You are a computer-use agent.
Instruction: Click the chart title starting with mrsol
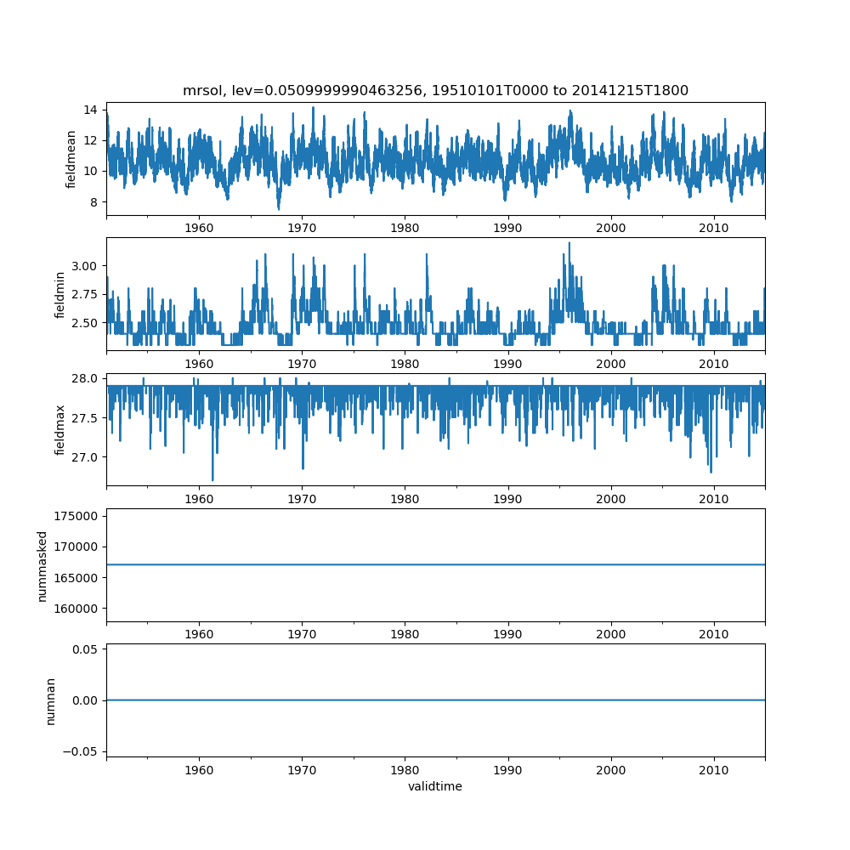[435, 90]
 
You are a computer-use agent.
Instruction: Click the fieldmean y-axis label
[71, 159]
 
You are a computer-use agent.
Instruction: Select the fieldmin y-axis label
[60, 294]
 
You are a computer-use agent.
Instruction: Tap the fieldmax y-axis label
[60, 429]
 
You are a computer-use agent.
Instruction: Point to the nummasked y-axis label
[42, 565]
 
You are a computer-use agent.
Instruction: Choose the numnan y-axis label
[50, 700]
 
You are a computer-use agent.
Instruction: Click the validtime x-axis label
[435, 786]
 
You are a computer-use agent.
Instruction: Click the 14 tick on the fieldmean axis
[89, 110]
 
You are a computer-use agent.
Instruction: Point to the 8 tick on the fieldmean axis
[93, 202]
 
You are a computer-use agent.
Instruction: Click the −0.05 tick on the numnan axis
[80, 751]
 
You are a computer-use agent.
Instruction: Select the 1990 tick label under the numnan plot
[508, 769]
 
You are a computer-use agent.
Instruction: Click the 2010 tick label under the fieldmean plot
[714, 229]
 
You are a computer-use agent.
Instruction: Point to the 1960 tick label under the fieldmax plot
[199, 499]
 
